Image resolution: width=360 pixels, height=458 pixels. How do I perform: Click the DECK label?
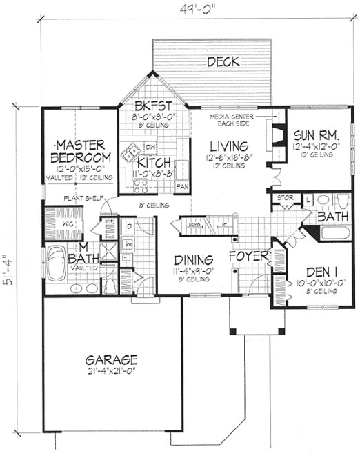coord(223,62)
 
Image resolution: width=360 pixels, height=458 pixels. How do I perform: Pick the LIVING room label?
coord(229,146)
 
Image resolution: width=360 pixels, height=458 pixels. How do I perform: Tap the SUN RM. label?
coord(314,134)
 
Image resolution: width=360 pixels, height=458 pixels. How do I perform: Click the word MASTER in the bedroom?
coord(80,144)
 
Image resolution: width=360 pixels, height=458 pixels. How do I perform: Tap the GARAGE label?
coord(112,360)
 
